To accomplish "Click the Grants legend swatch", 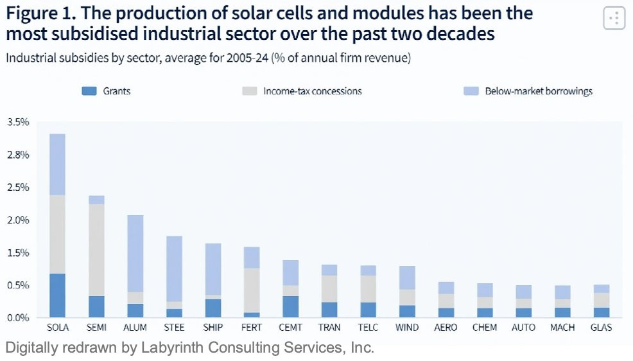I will coord(89,91).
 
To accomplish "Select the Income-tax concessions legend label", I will coord(312,91).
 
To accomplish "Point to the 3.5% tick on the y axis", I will coord(19,122).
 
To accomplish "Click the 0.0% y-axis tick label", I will coord(19,317).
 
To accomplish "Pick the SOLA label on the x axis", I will coord(58,328).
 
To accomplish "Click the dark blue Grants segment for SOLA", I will coord(58,295).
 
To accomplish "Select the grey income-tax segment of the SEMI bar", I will coord(96,250).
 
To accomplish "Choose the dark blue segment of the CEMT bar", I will coord(290,306).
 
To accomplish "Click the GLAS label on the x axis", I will coord(601,328).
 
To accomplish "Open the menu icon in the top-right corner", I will coord(614,18).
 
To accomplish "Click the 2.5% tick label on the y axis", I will coord(19,188).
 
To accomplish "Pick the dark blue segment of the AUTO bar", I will coord(523,313).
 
